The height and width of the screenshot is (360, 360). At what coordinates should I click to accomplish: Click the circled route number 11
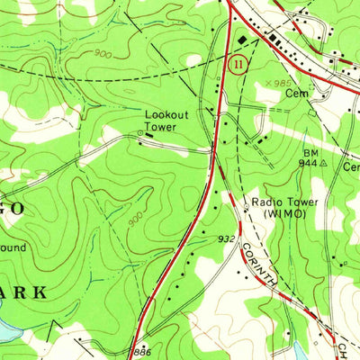tap(237, 65)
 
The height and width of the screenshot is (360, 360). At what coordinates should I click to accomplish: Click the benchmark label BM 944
tap(310, 160)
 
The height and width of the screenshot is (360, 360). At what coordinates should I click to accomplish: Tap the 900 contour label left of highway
tap(136, 220)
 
